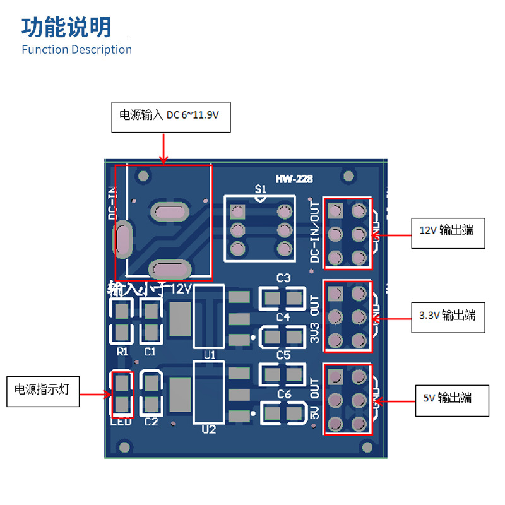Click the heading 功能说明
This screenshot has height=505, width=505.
pos(66,27)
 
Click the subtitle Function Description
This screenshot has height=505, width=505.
pos(76,49)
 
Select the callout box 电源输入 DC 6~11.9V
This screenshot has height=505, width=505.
pos(170,116)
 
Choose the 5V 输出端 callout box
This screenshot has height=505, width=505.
pos(452,398)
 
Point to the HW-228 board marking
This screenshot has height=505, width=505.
pos(294,179)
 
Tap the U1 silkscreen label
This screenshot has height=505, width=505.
pos(210,355)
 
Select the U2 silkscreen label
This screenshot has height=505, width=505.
pos(208,429)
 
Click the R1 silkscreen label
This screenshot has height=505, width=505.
pos(122,351)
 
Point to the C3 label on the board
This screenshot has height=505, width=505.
pos(283,278)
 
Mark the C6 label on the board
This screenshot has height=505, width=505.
pos(283,395)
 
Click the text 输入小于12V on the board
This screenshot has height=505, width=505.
pos(150,289)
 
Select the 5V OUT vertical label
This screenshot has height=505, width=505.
pos(315,400)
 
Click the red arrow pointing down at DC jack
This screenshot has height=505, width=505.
pos(163,149)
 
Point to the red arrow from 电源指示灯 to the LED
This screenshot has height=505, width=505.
pos(95,394)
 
